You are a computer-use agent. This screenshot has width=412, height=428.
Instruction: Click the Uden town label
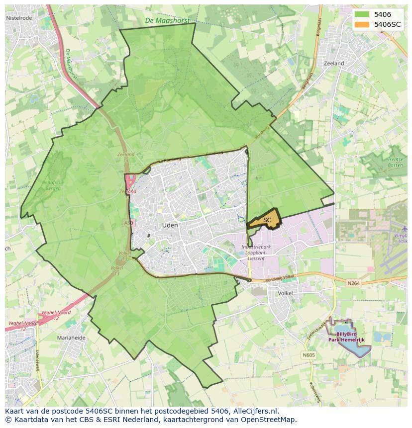(170, 225)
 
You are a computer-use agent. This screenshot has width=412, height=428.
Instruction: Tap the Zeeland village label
(333, 64)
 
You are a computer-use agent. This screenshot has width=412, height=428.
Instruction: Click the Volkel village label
(285, 293)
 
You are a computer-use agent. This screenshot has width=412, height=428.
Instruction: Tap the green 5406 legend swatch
(362, 14)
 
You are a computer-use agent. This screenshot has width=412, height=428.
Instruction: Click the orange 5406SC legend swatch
(362, 24)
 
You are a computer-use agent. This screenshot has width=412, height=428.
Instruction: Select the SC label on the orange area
(267, 220)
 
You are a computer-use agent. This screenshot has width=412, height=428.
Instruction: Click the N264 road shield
(353, 283)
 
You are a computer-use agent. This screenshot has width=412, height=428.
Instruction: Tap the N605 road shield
(309, 355)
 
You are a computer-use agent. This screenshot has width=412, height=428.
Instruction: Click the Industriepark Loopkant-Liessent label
(256, 253)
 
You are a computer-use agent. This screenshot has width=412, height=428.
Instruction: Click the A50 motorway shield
(128, 224)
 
